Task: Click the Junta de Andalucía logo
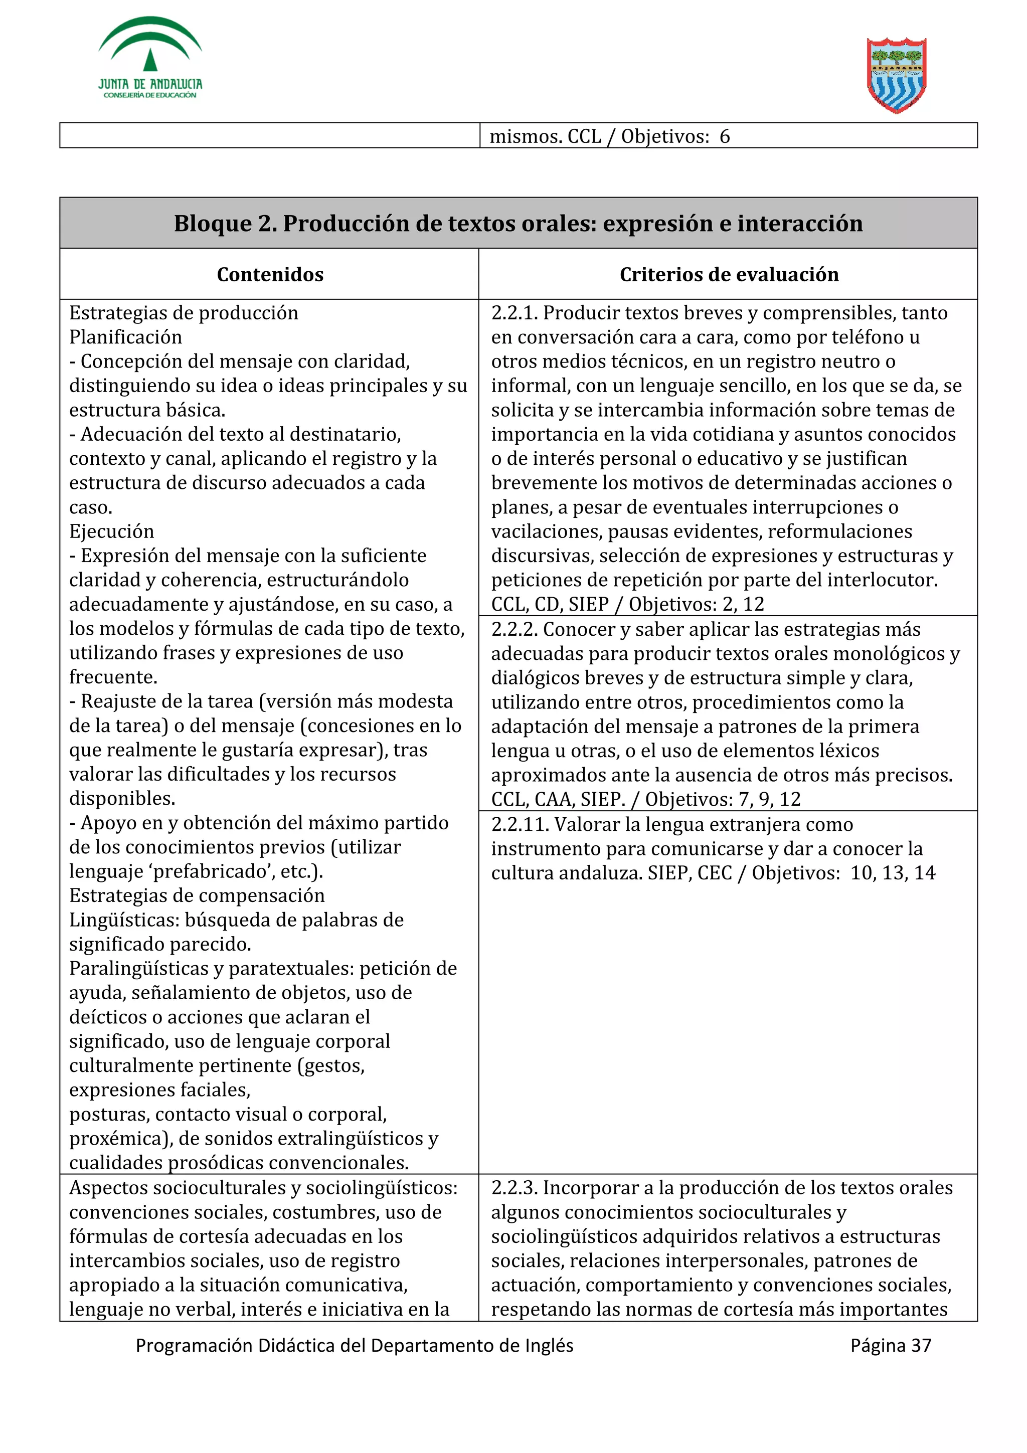150,58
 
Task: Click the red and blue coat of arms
896,75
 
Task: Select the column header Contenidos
270,274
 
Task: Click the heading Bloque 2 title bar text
518,224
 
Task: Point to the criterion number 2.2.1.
514,313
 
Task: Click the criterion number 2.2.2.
514,630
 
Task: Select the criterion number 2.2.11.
519,825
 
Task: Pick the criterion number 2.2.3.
514,1188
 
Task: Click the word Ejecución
111,531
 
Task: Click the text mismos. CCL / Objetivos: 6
609,136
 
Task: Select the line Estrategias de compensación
197,895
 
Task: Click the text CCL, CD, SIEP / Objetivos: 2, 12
627,604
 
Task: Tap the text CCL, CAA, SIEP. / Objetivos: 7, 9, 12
645,799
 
